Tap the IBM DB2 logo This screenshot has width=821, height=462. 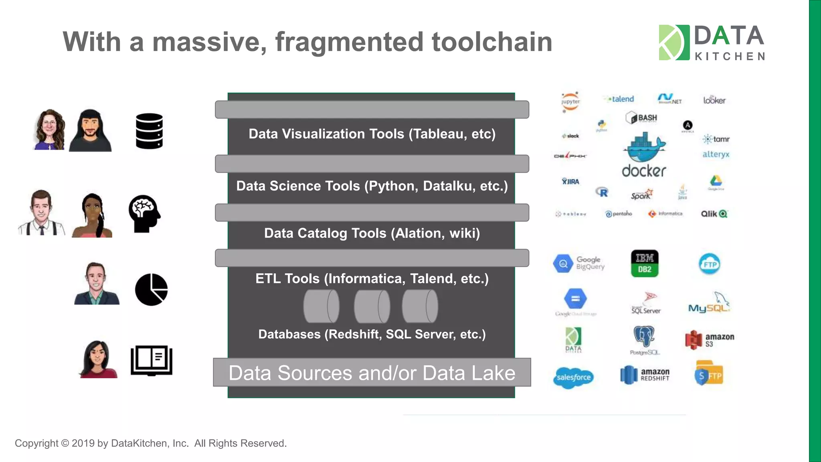[644, 263]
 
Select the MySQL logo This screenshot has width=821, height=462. [709, 304]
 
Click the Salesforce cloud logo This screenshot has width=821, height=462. [573, 377]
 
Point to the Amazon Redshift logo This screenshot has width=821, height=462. [645, 375]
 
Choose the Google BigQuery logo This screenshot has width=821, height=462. [578, 263]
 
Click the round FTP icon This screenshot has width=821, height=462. [709, 264]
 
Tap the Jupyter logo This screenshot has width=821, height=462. [570, 102]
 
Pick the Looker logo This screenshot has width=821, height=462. [714, 100]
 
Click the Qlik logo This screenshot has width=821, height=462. [714, 214]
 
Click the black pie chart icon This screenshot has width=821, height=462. [151, 290]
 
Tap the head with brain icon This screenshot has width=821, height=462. [144, 213]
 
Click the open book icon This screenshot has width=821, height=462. [152, 360]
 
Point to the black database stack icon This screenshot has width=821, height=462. [149, 131]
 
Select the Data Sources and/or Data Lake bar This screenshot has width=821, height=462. [372, 373]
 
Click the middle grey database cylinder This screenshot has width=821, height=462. [372, 306]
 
